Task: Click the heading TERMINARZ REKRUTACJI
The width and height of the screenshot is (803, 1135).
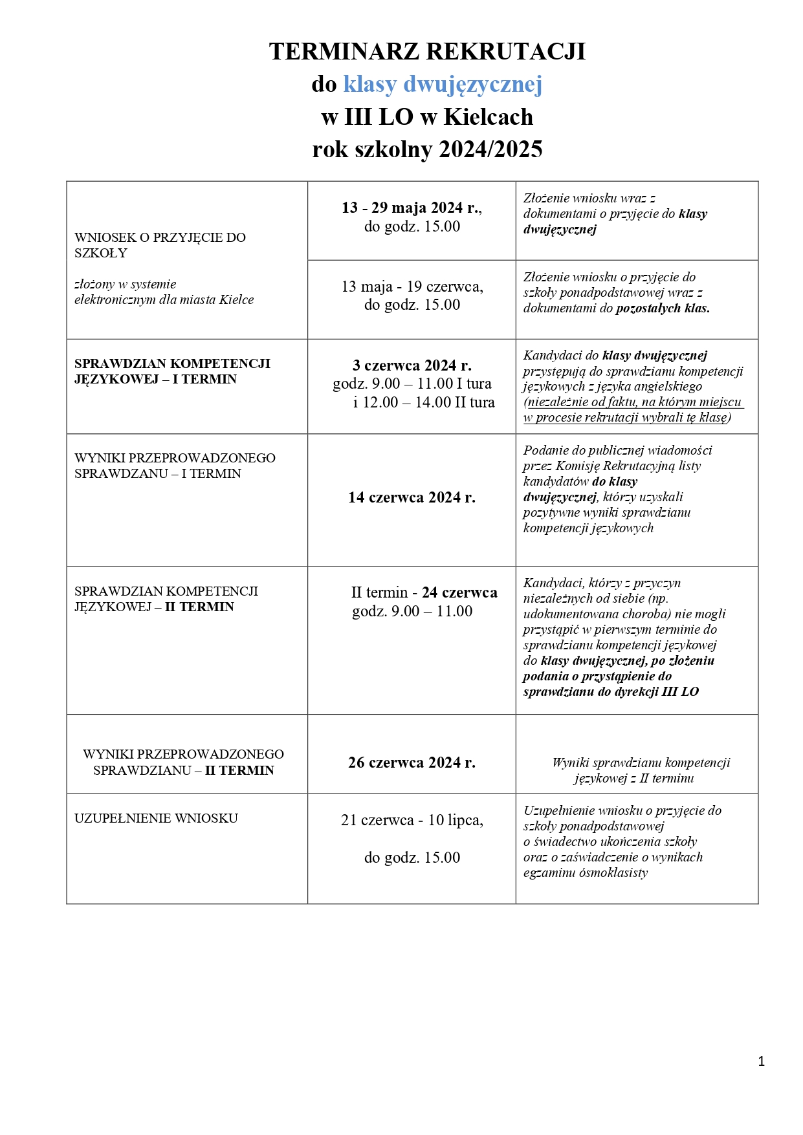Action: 427,51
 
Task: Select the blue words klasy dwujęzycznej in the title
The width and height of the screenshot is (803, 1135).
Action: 443,84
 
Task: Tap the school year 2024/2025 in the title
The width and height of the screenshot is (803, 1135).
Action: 490,149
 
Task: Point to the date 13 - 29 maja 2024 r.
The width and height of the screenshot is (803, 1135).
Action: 412,208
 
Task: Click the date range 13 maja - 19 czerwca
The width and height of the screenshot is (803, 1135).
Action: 412,286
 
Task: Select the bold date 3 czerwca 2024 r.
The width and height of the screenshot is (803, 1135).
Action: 412,365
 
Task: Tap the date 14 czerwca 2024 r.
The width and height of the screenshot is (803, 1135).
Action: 412,497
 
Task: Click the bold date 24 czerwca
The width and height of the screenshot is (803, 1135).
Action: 459,592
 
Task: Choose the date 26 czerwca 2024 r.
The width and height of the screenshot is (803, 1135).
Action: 412,762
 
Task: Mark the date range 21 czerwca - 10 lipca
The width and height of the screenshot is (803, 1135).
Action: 412,820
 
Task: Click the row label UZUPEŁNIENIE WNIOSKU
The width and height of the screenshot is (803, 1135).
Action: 156,818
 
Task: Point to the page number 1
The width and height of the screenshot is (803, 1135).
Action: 761,1061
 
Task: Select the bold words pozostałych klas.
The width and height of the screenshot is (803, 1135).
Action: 663,308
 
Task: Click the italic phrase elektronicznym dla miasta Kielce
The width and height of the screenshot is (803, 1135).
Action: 164,299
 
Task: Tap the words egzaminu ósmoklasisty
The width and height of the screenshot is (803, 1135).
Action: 586,872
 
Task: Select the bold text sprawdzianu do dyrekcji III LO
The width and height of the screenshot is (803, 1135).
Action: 611,691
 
